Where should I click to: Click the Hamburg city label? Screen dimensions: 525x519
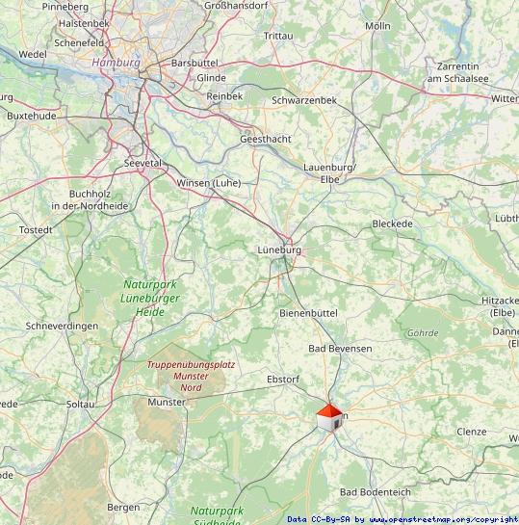[x=116, y=62]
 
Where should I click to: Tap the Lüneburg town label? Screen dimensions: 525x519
[x=279, y=249]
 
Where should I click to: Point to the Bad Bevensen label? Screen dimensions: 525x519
[x=340, y=348]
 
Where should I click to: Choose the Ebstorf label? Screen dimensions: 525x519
[x=283, y=380]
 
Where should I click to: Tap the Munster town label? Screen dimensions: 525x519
[x=168, y=401]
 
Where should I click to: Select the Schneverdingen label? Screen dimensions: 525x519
[x=63, y=327]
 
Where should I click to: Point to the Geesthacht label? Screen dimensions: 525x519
[x=265, y=139]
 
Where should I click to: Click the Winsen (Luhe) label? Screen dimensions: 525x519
[x=209, y=182]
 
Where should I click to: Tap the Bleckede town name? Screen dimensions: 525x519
[x=392, y=223]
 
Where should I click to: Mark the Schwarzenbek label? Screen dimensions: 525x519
[x=304, y=100]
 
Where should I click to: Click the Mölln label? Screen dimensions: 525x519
[x=378, y=25]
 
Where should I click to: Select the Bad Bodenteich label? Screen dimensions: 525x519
[x=375, y=492]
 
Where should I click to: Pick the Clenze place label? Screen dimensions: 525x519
[x=472, y=432]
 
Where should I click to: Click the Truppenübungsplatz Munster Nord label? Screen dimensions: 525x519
[x=191, y=376]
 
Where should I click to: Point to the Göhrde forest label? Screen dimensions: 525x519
[x=423, y=333]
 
